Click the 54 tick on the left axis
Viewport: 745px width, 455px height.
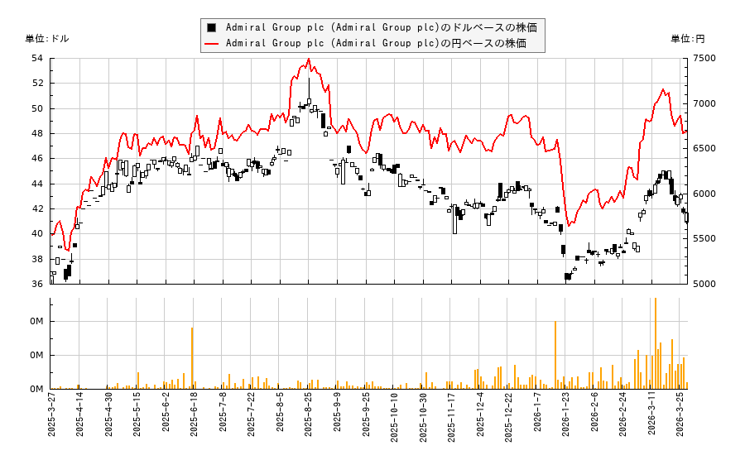pyautogui.click(x=37, y=58)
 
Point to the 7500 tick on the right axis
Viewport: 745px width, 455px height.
pyautogui.click(x=699, y=58)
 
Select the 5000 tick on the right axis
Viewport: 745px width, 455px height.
pyautogui.click(x=699, y=284)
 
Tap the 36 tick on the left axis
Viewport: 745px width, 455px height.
pyautogui.click(x=37, y=284)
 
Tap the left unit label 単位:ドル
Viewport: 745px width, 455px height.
pyautogui.click(x=47, y=38)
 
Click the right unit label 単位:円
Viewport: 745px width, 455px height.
pyautogui.click(x=687, y=38)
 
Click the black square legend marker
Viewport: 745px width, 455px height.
pyautogui.click(x=212, y=26)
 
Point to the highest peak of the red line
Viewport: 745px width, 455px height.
pyautogui.click(x=309, y=60)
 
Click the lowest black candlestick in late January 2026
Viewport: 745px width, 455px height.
pyautogui.click(x=568, y=277)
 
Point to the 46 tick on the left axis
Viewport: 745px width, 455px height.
pyautogui.click(x=37, y=158)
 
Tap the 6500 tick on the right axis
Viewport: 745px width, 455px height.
pyautogui.click(x=699, y=148)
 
